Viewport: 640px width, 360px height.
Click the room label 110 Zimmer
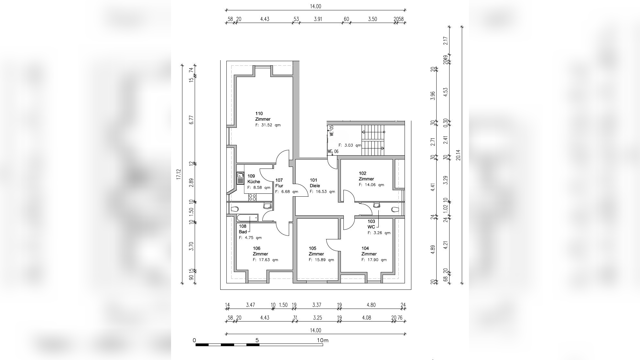pyautogui.click(x=263, y=116)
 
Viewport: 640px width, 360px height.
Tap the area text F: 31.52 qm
pyautogui.click(x=268, y=125)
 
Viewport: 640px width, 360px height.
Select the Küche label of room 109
pyautogui.click(x=254, y=181)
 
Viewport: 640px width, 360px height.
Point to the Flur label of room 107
pyautogui.click(x=279, y=186)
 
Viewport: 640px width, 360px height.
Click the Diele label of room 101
pyautogui.click(x=315, y=186)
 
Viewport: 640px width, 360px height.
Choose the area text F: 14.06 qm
pyautogui.click(x=371, y=185)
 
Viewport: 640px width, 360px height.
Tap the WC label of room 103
pyautogui.click(x=371, y=227)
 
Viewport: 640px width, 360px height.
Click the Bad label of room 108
pyautogui.click(x=243, y=232)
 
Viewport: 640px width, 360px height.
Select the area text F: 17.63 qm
pyautogui.click(x=265, y=260)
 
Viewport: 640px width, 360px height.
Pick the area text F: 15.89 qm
pyautogui.click(x=321, y=260)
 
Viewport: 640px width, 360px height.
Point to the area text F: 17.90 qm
pyautogui.click(x=374, y=260)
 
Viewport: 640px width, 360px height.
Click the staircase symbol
pyautogui.click(x=373, y=140)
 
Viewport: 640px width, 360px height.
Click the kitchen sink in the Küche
pyautogui.click(x=240, y=178)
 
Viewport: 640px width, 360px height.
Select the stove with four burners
pyautogui.click(x=252, y=197)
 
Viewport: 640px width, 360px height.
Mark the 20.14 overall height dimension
pyautogui.click(x=458, y=155)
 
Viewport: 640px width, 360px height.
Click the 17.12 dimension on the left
pyautogui.click(x=179, y=174)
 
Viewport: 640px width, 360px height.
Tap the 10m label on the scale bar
pyautogui.click(x=322, y=340)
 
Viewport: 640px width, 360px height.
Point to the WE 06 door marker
pyautogui.click(x=333, y=151)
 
